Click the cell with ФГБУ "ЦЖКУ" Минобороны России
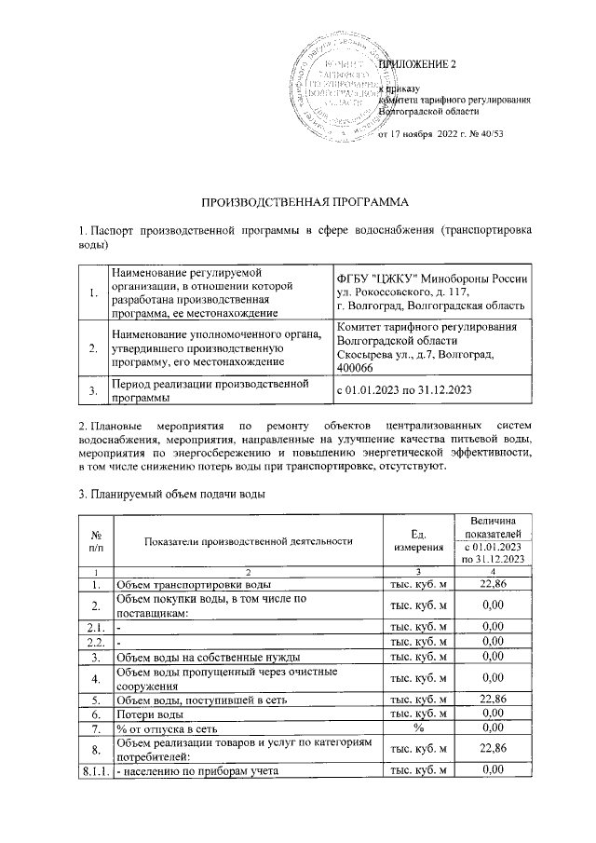point(432,279)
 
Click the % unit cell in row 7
point(418,727)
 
